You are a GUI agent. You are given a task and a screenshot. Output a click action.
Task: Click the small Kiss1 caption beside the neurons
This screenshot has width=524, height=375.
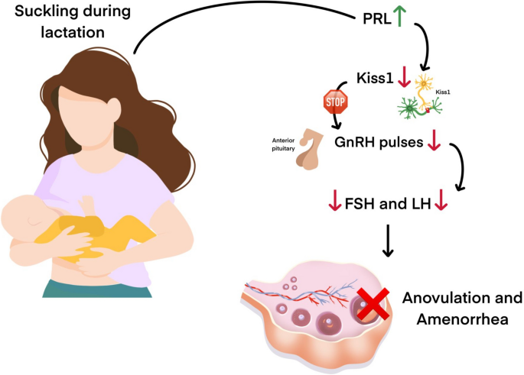443,91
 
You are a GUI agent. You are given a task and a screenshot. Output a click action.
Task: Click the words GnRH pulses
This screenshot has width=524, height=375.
379,142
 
